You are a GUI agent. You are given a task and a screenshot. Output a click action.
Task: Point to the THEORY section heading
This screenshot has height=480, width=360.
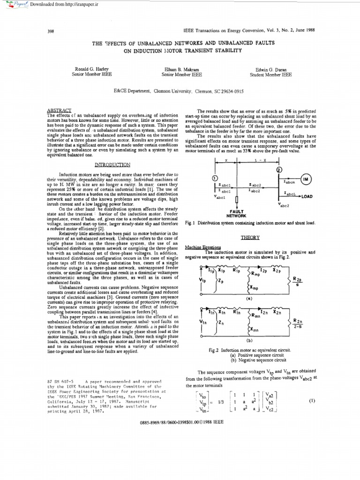point(249,238)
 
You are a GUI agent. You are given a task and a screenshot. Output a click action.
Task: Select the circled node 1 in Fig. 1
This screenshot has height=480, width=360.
point(215,178)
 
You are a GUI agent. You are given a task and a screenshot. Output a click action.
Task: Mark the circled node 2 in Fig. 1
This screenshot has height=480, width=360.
point(279,169)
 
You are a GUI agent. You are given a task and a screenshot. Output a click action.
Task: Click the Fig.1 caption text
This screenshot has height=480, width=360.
point(250,223)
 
